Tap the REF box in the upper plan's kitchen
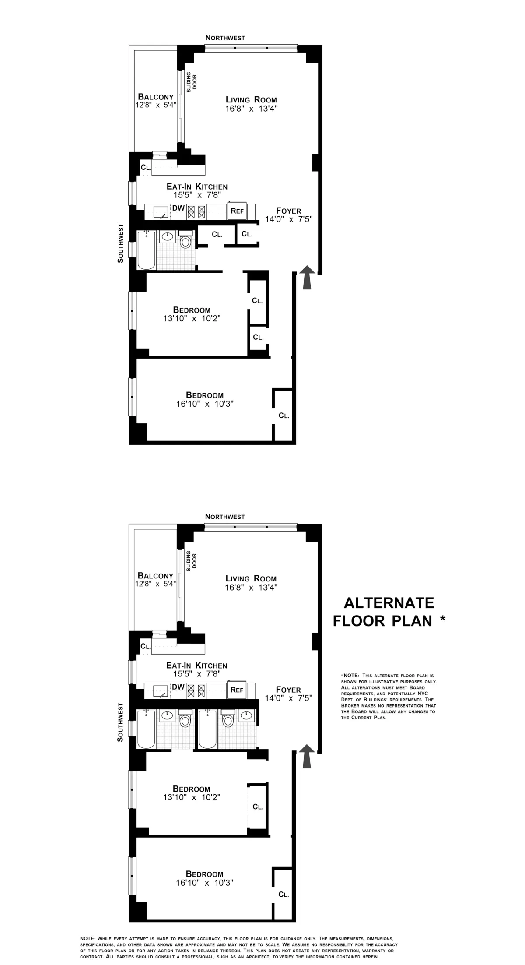click(x=237, y=211)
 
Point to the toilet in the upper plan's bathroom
click(x=186, y=241)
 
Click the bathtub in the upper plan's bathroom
click(x=146, y=250)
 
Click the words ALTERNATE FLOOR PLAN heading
click(x=388, y=611)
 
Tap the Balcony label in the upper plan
click(x=156, y=97)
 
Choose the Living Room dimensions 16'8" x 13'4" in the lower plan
click(x=252, y=587)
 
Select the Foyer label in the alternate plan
click(x=289, y=689)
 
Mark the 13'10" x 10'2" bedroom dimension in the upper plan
click(x=192, y=319)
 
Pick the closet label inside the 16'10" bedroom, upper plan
click(x=284, y=416)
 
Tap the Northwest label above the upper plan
click(x=225, y=38)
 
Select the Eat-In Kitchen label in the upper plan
click(x=197, y=187)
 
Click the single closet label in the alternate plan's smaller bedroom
click(x=258, y=806)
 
